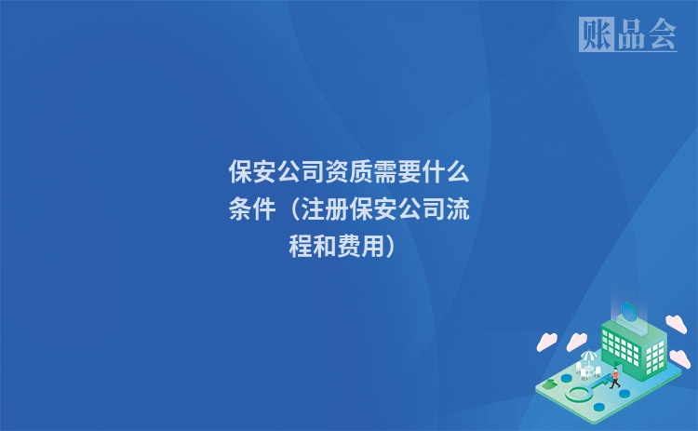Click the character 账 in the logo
596,34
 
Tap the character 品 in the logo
628,34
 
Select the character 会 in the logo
662,34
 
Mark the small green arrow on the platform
552,381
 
